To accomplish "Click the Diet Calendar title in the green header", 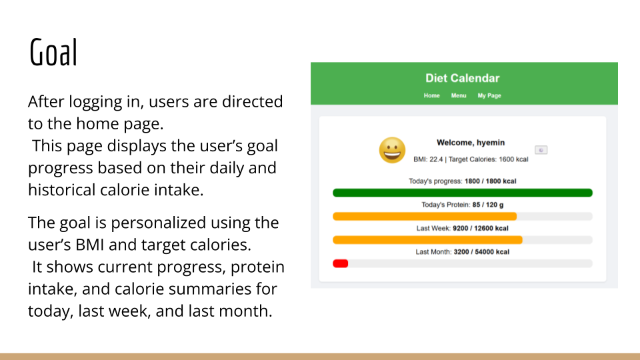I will point(462,78).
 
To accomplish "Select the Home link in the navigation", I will point(432,95).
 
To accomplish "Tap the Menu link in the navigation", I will point(459,95).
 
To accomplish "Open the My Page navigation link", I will point(489,95).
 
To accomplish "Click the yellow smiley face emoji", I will point(392,150).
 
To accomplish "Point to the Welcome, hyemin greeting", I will point(471,142).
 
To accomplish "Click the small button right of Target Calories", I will point(541,150).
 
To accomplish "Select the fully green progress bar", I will point(462,193).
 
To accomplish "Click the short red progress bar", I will point(340,263).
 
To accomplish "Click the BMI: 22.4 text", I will point(428,159).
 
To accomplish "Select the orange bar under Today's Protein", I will point(424,216).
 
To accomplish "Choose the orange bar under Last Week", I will point(427,240).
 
